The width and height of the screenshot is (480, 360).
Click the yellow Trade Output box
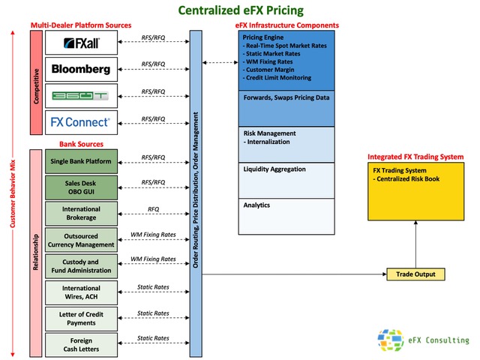tap(415, 274)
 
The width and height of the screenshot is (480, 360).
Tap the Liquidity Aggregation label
tap(274, 169)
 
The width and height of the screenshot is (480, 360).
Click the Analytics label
tap(256, 205)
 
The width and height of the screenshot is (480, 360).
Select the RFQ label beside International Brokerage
tap(153, 209)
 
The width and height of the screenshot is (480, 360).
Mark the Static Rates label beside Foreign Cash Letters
tap(153, 339)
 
